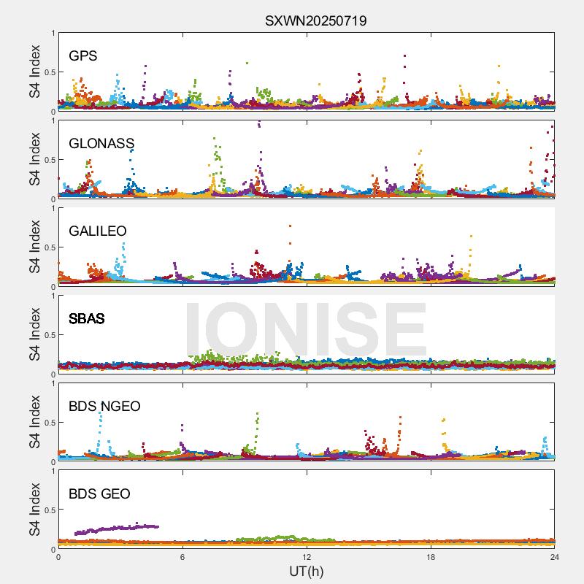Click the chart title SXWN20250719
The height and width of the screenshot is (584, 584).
pyautogui.click(x=315, y=20)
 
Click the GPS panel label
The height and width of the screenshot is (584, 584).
pyautogui.click(x=83, y=55)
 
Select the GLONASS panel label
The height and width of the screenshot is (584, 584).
pyautogui.click(x=101, y=143)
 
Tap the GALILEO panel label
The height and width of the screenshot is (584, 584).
pyautogui.click(x=98, y=231)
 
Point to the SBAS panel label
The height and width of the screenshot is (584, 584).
pyautogui.click(x=87, y=318)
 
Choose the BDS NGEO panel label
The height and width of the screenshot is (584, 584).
pyautogui.click(x=104, y=406)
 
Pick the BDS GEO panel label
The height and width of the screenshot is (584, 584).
pyautogui.click(x=99, y=493)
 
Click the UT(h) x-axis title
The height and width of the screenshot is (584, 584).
pyautogui.click(x=307, y=570)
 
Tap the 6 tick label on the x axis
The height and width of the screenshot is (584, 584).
pyautogui.click(x=182, y=557)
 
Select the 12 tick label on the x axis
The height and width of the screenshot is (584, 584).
pyautogui.click(x=307, y=557)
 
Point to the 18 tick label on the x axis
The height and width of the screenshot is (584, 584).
pyautogui.click(x=431, y=557)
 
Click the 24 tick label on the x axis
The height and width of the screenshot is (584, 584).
pyautogui.click(x=555, y=557)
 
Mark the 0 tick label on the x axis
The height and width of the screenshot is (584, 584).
pyautogui.click(x=58, y=557)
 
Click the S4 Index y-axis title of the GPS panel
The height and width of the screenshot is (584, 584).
pyautogui.click(x=34, y=72)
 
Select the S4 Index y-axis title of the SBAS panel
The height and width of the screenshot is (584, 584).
pyautogui.click(x=34, y=334)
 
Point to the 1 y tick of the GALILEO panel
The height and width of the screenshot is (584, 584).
pyautogui.click(x=53, y=208)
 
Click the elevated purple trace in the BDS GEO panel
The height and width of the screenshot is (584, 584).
pyautogui.click(x=117, y=528)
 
